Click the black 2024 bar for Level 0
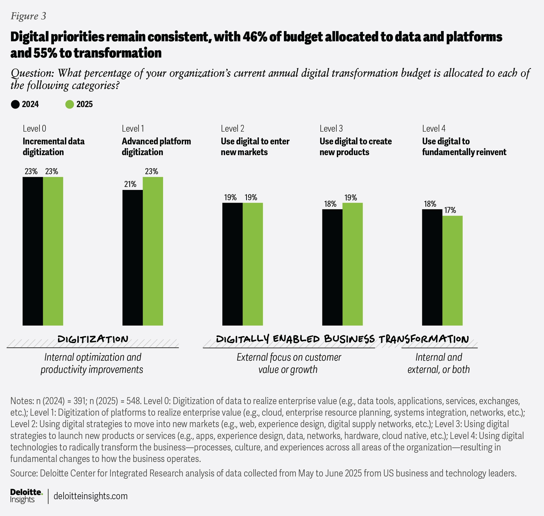(x=33, y=251)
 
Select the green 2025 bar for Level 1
(x=153, y=251)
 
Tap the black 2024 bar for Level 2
(x=232, y=264)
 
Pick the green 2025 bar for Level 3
(x=352, y=264)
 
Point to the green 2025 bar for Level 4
(x=452, y=270)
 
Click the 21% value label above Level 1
(x=130, y=184)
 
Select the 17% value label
(x=450, y=210)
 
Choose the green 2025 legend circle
(x=70, y=105)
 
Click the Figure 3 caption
(x=28, y=16)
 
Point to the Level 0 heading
(x=34, y=128)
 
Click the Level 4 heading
(x=433, y=128)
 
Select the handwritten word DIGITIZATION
(x=93, y=339)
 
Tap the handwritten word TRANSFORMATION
(x=424, y=339)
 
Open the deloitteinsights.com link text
(x=91, y=496)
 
